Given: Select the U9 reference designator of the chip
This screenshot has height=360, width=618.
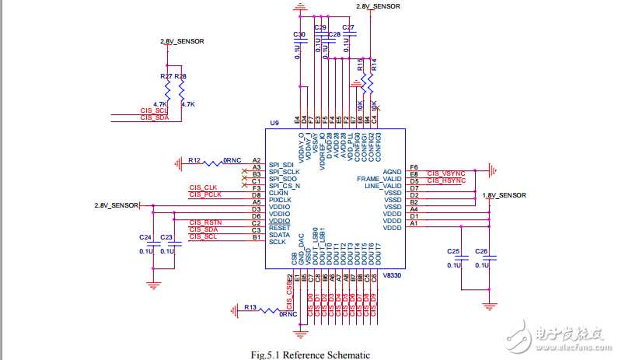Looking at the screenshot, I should (x=274, y=124).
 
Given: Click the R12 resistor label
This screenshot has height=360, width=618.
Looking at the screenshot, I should (x=194, y=160).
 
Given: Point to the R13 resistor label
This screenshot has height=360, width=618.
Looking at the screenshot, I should (x=250, y=308).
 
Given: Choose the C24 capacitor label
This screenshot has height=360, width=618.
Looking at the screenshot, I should (x=145, y=237).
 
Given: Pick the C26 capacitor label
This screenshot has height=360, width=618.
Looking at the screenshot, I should (x=481, y=251).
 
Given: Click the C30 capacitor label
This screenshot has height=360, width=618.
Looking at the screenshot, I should (x=299, y=36).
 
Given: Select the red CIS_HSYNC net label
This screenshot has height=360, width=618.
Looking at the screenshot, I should (x=445, y=180).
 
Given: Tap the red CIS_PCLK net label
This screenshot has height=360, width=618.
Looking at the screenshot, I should (x=205, y=194).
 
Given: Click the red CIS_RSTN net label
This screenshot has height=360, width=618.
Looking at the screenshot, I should (x=205, y=222).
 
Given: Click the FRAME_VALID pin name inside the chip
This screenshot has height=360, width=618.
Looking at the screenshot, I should (x=379, y=180).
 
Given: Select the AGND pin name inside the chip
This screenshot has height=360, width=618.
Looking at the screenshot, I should (x=392, y=172).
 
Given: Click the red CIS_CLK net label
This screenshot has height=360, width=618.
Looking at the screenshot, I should (x=204, y=187).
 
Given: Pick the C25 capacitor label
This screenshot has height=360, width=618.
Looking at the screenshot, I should (x=454, y=251).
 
